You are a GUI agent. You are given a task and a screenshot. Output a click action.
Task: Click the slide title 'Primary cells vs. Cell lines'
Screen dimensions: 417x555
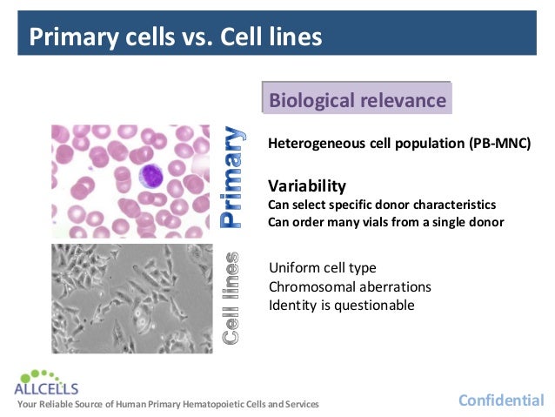(x=175, y=37)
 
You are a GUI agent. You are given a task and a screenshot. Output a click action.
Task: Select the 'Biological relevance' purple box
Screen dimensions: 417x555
(x=357, y=99)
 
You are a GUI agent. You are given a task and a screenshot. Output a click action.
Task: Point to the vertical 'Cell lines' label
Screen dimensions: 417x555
(x=232, y=297)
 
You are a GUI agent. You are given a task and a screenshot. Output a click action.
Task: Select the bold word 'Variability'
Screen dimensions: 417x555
(x=307, y=185)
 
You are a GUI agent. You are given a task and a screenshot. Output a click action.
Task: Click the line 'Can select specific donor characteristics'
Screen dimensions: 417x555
(x=382, y=205)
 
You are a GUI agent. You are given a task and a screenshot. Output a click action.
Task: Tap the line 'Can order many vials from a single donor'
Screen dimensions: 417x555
(x=385, y=221)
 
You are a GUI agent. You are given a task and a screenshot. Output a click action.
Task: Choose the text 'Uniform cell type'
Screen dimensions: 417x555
(x=323, y=267)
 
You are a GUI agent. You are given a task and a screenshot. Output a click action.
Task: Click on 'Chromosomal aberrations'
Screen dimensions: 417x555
(x=350, y=286)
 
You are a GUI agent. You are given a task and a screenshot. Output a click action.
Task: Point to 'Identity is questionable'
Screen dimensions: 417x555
(x=341, y=305)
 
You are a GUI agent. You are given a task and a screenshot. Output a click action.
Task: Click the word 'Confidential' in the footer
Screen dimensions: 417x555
(x=501, y=400)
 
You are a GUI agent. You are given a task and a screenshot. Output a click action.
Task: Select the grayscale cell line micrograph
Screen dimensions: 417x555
(x=130, y=297)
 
